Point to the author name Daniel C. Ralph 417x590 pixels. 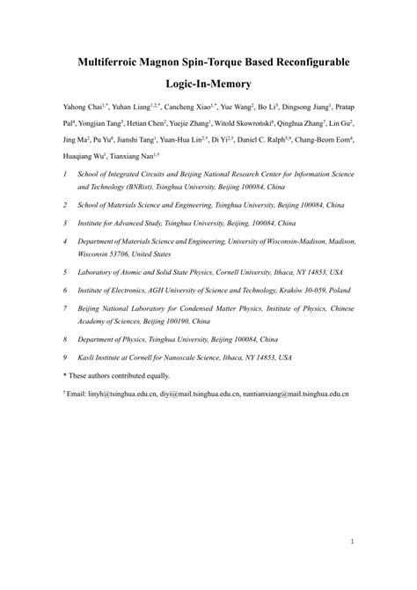coord(269,139)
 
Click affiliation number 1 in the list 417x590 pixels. coord(64,175)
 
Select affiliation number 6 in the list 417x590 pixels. coord(64,289)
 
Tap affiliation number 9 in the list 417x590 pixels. coord(64,358)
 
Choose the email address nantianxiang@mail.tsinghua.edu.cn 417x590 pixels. coord(296,394)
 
